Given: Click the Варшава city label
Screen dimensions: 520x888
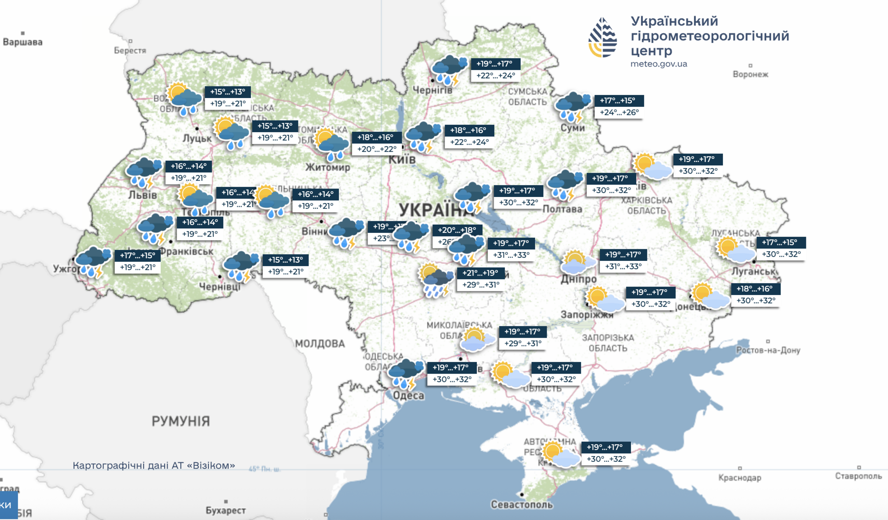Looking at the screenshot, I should click(23, 42).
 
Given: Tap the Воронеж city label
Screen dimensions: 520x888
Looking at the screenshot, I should click(750, 74).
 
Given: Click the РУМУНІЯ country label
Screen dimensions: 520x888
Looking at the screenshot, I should click(181, 421).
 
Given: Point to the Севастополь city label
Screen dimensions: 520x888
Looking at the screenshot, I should click(522, 504).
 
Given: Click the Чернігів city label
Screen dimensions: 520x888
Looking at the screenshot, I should click(432, 90).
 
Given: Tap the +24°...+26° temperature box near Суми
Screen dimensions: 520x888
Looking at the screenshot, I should click(619, 113).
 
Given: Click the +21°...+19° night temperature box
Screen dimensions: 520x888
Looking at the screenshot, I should click(480, 273).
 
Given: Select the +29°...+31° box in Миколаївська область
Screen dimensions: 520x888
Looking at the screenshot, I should click(523, 343).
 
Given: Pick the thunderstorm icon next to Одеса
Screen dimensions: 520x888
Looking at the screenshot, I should click(405, 374).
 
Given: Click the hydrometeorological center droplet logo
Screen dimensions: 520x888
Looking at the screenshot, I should click(603, 38).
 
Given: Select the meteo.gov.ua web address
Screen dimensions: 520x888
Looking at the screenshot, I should click(658, 64).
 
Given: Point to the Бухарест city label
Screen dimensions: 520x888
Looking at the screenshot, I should click(226, 510).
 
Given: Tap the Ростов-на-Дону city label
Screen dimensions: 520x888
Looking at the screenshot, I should click(768, 350).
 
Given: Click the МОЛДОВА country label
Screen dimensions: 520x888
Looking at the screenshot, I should click(320, 343).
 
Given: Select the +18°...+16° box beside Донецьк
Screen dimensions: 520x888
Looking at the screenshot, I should click(755, 289).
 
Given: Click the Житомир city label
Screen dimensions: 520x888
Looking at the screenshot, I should click(328, 167).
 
